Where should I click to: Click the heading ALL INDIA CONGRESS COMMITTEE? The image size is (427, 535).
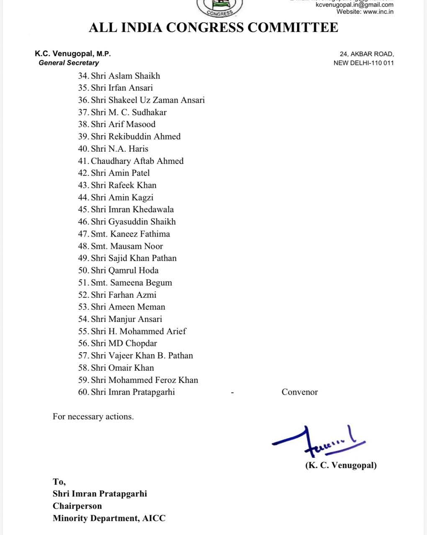213,28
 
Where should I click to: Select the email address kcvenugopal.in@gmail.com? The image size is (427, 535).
354,5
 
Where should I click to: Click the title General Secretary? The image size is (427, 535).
69,63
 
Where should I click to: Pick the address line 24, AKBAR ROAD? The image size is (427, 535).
367,54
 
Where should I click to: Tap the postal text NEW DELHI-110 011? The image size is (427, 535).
363,63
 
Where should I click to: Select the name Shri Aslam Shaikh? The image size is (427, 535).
125,76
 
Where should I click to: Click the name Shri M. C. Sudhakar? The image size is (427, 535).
129,112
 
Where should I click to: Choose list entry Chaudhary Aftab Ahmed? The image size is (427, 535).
137,161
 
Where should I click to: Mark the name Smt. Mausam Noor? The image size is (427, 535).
127,246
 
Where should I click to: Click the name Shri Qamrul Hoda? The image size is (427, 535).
124,270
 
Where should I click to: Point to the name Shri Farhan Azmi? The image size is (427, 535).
123,295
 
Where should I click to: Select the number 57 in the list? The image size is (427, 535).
83,356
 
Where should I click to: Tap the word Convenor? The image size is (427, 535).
300,392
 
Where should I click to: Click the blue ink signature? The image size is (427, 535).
318,442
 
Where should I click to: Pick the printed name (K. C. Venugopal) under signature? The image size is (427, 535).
341,465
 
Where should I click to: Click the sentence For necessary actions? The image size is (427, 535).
93,417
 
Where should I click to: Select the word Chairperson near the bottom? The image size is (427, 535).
77,506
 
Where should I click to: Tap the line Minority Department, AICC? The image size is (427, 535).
109,518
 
